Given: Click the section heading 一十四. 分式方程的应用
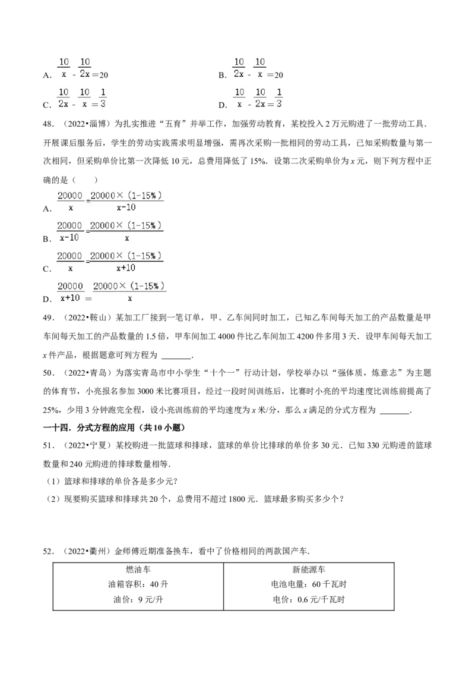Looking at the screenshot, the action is click(x=115, y=427).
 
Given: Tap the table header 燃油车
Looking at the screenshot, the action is click(x=138, y=570).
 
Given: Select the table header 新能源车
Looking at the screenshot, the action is click(x=309, y=570).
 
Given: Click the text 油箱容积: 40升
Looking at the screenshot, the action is click(x=138, y=584).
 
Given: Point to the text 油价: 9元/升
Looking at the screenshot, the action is click(x=138, y=600).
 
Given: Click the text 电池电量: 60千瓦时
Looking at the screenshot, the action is click(x=309, y=584).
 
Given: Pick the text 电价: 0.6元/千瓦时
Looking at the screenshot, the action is click(x=309, y=600).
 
